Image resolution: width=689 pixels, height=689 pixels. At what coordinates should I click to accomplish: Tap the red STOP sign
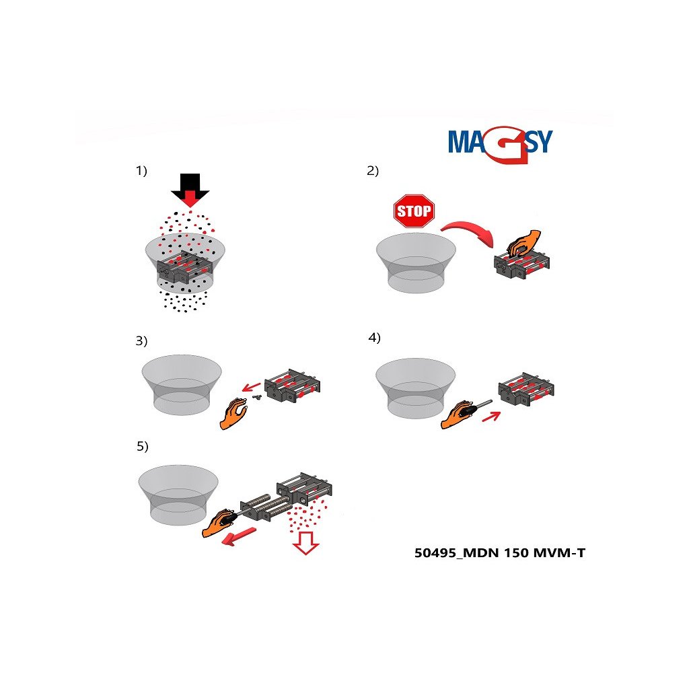point(414,211)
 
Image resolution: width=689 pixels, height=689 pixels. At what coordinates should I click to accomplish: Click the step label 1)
point(141,170)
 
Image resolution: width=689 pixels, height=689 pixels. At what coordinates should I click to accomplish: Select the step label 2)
point(373,170)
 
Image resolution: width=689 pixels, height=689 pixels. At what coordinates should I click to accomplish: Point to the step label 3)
point(141,341)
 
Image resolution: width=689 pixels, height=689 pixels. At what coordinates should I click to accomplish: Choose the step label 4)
point(374,338)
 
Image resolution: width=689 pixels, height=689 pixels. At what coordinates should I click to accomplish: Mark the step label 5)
point(143,447)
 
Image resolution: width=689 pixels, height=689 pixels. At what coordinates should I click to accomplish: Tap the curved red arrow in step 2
point(469,232)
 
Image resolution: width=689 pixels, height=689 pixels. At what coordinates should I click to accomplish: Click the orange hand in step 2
point(523,244)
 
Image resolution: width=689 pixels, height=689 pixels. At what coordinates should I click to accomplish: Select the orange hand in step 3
point(233,414)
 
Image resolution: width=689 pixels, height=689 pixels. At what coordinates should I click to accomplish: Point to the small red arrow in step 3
point(252,387)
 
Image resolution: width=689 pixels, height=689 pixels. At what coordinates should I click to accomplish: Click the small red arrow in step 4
point(491,416)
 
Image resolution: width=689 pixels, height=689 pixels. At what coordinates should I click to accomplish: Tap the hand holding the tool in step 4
point(460,414)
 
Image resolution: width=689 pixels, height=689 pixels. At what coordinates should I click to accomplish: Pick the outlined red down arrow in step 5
point(306,543)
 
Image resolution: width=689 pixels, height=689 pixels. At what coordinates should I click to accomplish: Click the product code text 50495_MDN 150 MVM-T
point(500,553)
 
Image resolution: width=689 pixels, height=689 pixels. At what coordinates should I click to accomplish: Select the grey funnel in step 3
point(182,385)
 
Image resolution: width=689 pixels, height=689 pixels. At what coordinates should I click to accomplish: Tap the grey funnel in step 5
point(178,495)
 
